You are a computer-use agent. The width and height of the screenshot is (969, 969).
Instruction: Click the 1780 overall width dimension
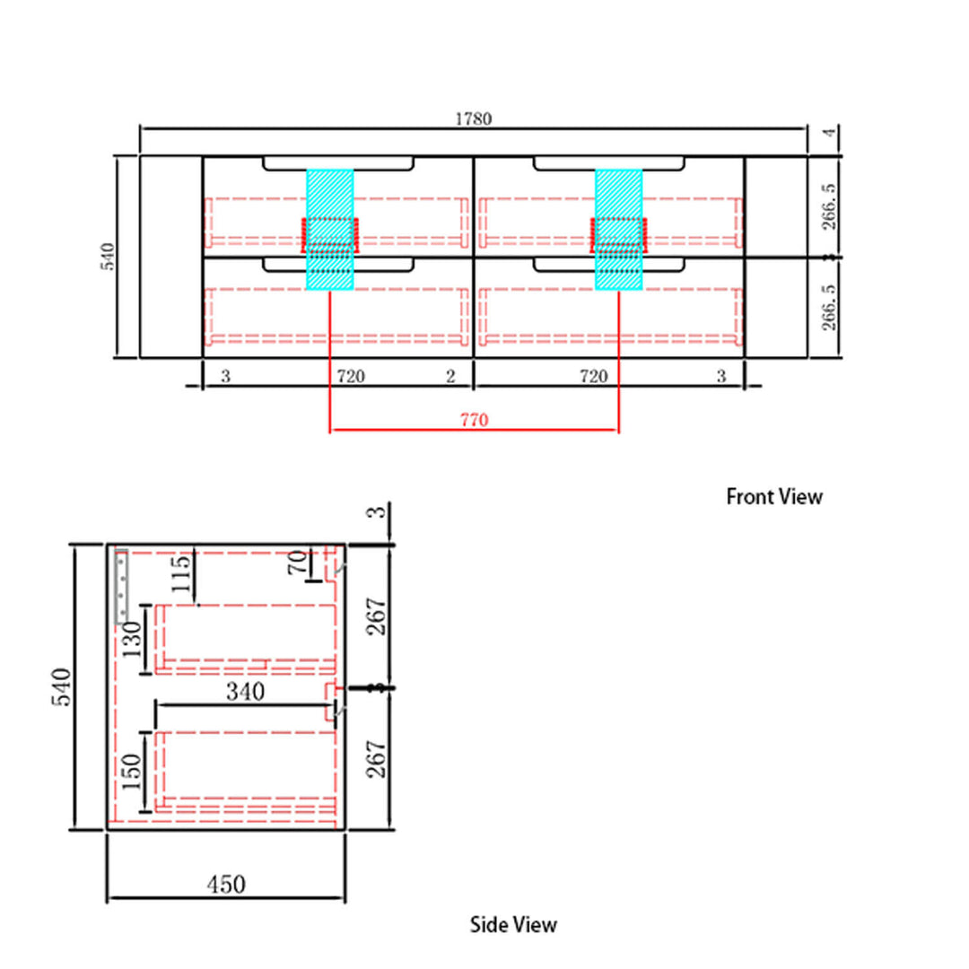(x=474, y=118)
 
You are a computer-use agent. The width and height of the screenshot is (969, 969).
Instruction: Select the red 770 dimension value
(x=474, y=420)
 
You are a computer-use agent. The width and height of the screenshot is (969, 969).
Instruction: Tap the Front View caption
(x=773, y=497)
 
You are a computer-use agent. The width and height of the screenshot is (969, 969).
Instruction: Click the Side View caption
(x=513, y=924)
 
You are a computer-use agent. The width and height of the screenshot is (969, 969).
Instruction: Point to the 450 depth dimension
(x=226, y=885)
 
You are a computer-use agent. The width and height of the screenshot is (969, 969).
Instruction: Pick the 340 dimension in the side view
(x=245, y=692)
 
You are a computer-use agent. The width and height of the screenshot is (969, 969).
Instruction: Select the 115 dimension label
(x=180, y=573)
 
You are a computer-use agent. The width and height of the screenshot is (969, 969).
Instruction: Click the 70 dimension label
(x=297, y=562)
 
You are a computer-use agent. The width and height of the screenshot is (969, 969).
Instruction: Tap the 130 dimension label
(x=132, y=640)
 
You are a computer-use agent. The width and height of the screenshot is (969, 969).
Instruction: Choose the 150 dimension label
(x=132, y=772)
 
